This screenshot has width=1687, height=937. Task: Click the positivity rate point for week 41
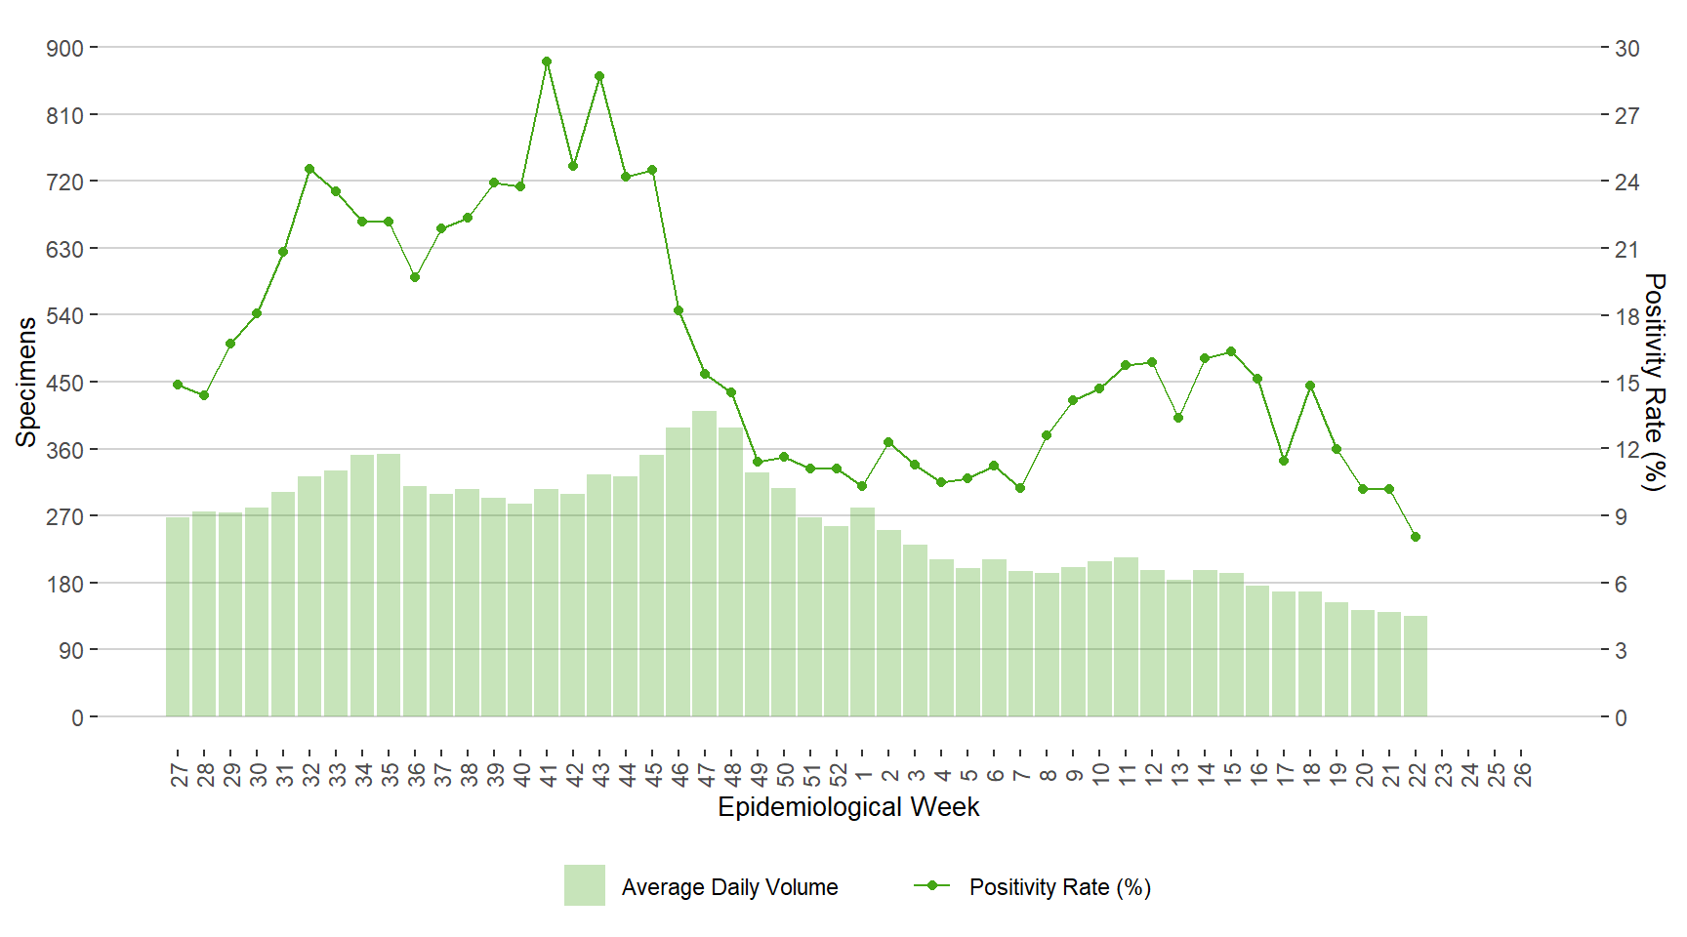pos(547,61)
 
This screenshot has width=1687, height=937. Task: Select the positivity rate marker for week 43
pos(599,76)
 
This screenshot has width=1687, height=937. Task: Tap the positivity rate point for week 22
pos(1416,537)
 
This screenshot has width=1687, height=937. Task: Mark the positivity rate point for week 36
pos(415,277)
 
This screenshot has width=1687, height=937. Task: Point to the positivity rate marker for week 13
pos(1178,418)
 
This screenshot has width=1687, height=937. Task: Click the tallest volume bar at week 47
pos(705,564)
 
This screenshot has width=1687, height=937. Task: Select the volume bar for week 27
pos(178,617)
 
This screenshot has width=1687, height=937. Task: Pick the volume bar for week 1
pos(863,612)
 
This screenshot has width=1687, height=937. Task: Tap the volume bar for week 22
pos(1416,667)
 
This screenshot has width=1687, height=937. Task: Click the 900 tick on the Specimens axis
pos(65,48)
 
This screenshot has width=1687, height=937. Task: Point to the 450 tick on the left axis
pos(65,383)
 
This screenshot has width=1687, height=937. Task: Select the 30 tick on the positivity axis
pos(1627,48)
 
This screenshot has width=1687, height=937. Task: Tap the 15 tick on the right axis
pos(1627,383)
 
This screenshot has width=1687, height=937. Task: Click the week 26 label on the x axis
pos(1522,774)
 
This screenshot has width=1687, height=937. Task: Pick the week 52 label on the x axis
pos(837,774)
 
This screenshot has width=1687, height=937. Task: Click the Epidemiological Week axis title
pos(848,807)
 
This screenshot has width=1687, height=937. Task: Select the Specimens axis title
pos(26,382)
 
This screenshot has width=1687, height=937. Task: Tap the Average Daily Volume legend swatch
pos(585,885)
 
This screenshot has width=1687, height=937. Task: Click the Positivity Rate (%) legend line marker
pos(932,885)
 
